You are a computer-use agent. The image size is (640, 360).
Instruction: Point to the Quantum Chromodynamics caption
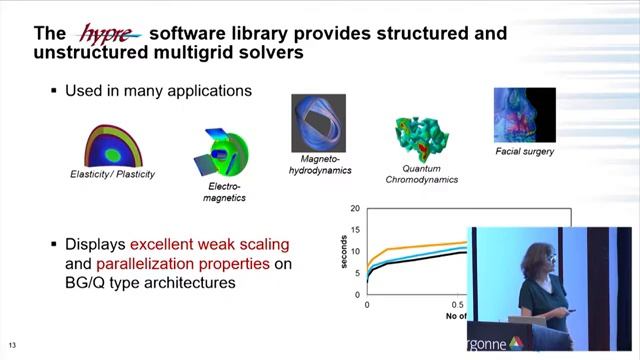click(422, 173)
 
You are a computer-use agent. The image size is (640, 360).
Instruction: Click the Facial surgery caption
click(524, 152)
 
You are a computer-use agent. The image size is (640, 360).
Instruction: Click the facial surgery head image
click(522, 115)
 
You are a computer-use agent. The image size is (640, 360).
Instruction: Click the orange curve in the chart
click(420, 245)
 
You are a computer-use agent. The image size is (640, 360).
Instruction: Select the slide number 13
click(12, 344)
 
